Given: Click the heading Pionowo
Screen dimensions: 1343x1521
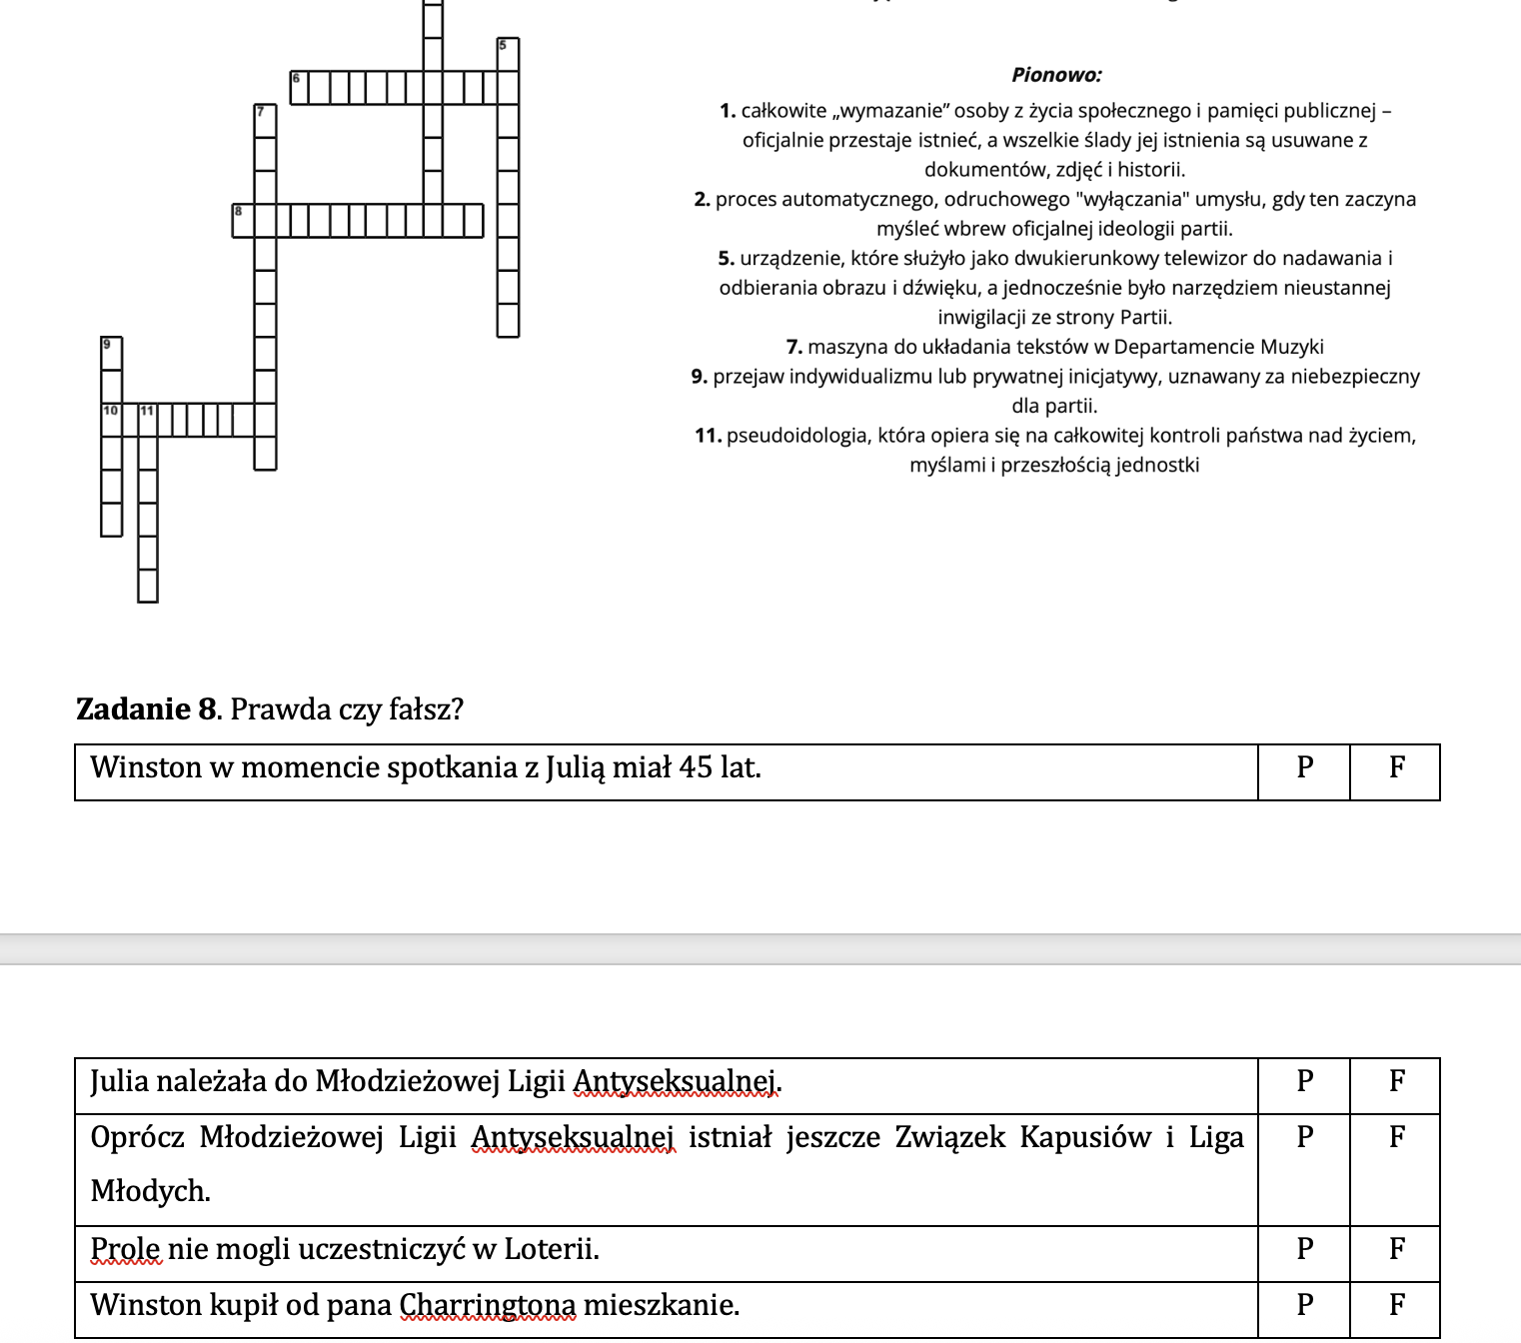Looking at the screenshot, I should click(1056, 75).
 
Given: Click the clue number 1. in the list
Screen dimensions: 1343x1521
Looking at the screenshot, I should click(728, 111).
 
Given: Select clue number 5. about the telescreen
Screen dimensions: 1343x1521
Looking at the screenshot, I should click(727, 259).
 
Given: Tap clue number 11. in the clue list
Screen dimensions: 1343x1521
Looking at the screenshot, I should click(709, 436).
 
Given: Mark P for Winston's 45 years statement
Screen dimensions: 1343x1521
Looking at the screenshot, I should click(1304, 767).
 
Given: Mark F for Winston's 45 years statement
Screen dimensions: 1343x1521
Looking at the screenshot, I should click(1396, 767).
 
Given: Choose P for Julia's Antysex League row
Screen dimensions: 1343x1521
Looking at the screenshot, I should click(1304, 1081).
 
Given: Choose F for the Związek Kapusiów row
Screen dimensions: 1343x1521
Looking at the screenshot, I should click(1396, 1137).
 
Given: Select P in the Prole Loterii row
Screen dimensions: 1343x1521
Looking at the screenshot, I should click(1304, 1249).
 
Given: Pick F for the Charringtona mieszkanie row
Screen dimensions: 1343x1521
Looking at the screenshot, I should click(1396, 1305).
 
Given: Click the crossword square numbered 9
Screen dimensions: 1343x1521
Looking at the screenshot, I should click(111, 353).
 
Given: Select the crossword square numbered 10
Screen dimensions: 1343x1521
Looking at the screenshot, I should click(111, 420).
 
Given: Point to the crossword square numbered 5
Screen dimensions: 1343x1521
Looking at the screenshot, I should click(508, 54).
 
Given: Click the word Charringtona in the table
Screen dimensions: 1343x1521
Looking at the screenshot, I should click(488, 1306).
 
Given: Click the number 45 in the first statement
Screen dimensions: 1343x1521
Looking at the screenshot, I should click(696, 767).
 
